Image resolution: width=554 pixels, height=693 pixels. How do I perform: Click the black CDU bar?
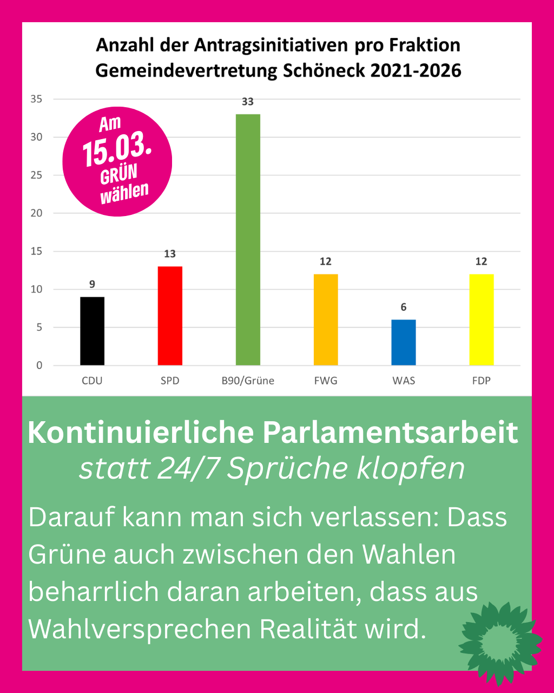click(x=92, y=331)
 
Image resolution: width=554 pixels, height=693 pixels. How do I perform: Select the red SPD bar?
click(x=170, y=316)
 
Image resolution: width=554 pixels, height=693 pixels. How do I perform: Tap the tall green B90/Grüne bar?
click(x=248, y=239)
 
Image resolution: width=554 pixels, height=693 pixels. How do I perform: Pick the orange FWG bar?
click(x=326, y=319)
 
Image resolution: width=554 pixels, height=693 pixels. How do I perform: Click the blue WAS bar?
click(x=404, y=342)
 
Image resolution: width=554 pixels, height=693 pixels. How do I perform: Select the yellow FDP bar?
click(x=481, y=319)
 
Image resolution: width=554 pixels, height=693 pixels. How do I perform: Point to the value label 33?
click(x=248, y=102)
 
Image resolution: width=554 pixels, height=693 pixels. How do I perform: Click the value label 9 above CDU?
click(x=92, y=284)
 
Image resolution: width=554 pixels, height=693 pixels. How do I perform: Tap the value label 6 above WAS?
click(x=404, y=307)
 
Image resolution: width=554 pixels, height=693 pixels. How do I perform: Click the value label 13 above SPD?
click(x=170, y=253)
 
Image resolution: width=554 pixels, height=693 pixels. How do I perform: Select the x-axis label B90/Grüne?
click(x=248, y=381)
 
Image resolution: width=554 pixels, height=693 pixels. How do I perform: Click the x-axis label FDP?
click(x=481, y=381)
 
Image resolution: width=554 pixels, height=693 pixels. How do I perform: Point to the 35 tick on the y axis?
click(x=37, y=99)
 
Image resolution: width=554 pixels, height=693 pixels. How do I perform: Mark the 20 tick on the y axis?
click(x=37, y=213)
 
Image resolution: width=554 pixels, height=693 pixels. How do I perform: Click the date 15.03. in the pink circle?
click(x=116, y=151)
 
